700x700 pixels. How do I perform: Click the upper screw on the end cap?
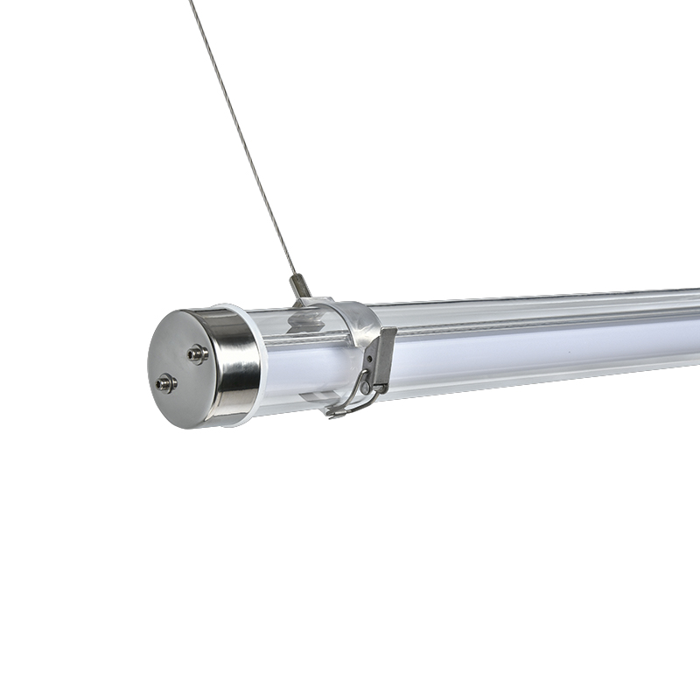198,353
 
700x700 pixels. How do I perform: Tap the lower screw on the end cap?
165,382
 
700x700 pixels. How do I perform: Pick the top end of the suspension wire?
191,3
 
